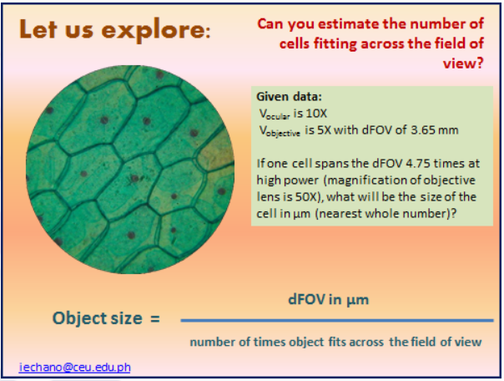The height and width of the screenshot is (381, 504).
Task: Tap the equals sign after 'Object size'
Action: click(154, 319)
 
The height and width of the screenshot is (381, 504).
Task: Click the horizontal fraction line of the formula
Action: click(335, 320)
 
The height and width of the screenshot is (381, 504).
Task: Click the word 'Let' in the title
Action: click(39, 32)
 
